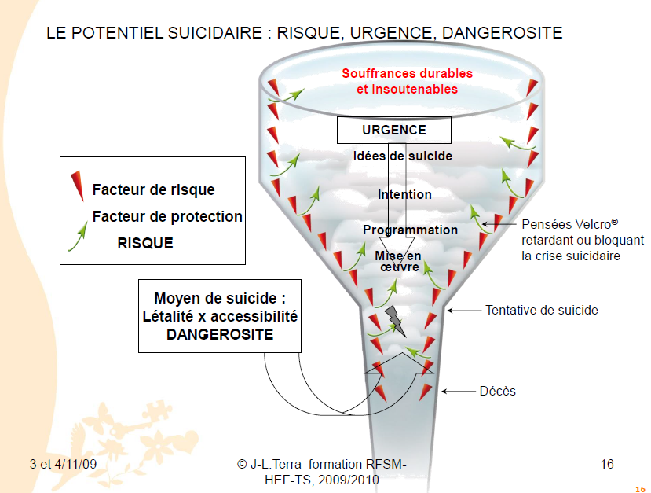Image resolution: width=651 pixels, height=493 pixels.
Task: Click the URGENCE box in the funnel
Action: coord(393,131)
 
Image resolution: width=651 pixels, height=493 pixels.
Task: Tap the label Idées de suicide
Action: coord(402,156)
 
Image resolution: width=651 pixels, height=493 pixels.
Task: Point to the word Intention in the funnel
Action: coord(404,194)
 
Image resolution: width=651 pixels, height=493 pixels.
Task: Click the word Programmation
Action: coord(410,230)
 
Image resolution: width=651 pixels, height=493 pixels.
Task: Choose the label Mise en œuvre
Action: coord(397,261)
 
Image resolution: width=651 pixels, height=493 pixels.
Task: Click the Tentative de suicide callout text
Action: coord(542,310)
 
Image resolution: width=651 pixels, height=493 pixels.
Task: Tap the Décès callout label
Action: coord(498,390)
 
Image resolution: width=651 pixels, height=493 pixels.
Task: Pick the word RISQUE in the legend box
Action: coord(145,243)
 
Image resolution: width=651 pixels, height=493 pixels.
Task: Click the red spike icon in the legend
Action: coord(76,188)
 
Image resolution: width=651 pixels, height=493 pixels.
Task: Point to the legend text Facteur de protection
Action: coord(167,216)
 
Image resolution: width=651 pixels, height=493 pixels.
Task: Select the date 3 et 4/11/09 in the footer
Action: coord(63,464)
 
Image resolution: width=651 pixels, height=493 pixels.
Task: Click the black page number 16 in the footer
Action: coord(606,464)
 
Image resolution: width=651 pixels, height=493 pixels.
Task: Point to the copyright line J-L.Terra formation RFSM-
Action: coord(321,464)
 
